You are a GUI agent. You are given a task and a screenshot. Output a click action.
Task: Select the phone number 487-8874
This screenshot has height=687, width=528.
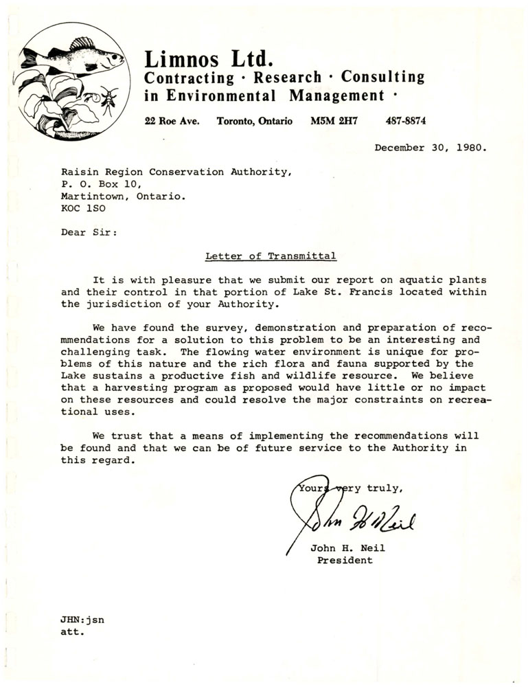point(406,121)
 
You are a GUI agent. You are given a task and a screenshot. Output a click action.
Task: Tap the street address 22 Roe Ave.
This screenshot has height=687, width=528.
point(172,121)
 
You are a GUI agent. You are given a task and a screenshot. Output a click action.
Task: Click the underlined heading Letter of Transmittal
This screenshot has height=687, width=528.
point(271,256)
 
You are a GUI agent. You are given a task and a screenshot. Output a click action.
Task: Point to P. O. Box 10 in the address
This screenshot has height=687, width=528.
point(101,183)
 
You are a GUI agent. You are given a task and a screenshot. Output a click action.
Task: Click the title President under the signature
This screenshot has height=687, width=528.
point(345,560)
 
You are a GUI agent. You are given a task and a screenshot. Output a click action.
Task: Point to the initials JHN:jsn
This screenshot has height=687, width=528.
point(82,620)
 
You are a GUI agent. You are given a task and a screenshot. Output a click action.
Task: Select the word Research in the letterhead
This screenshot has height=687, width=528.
point(287,78)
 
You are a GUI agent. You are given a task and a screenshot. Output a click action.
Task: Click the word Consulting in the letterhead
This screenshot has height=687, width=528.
point(382,78)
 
